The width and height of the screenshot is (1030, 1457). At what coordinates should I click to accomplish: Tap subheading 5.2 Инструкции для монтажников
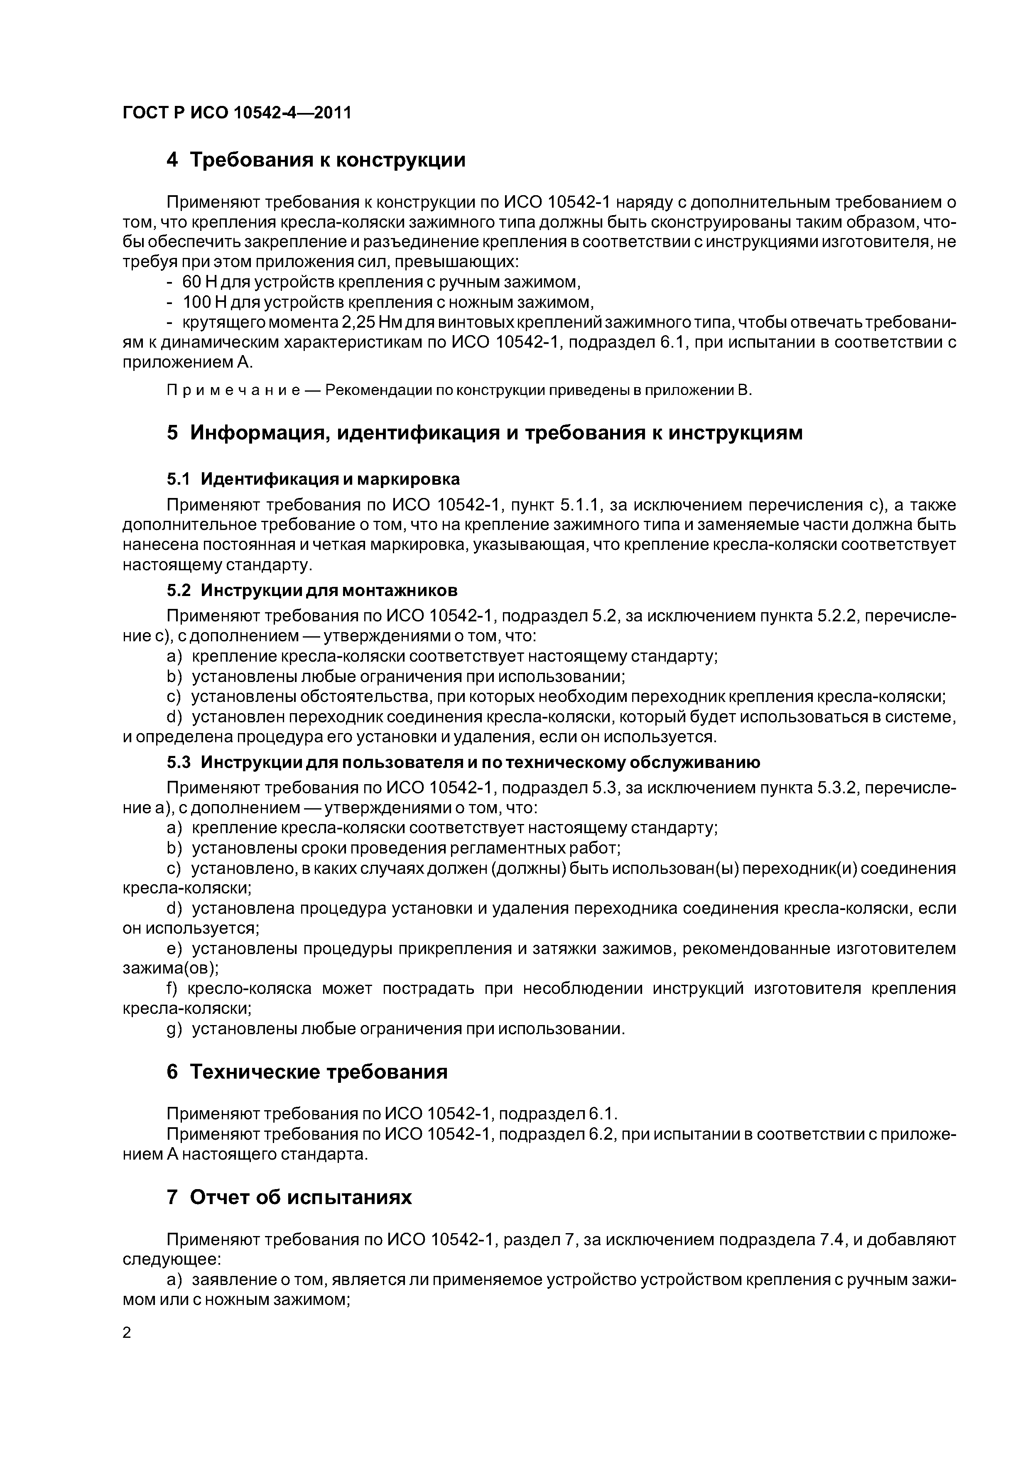click(311, 590)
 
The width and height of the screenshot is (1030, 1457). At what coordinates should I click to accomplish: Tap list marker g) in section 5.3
click(174, 1029)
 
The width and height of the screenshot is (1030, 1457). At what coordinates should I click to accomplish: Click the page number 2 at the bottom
click(127, 1333)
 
